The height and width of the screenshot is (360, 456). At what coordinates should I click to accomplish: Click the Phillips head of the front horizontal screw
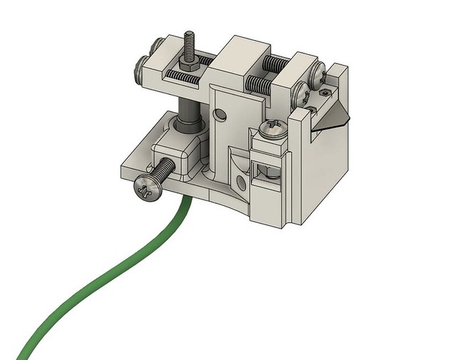[x=147, y=189]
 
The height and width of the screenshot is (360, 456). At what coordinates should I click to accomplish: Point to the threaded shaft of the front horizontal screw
[x=165, y=170]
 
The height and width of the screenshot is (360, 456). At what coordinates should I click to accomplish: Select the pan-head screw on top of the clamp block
[x=273, y=128]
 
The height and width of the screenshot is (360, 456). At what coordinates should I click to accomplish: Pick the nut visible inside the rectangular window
[x=264, y=170]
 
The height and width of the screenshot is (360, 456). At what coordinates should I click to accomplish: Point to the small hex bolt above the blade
[x=326, y=92]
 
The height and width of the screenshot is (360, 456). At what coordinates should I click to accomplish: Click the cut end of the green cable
[x=21, y=354]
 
